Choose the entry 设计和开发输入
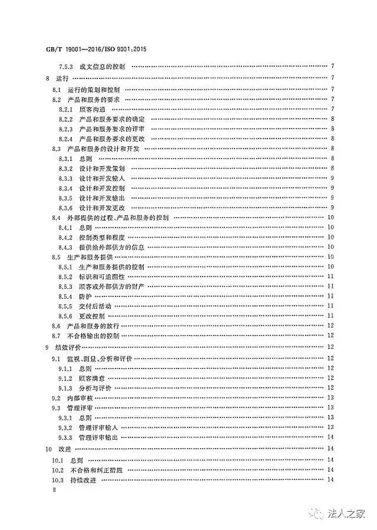click(101, 177)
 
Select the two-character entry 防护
click(85, 296)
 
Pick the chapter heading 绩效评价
click(68, 348)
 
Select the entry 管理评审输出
click(99, 437)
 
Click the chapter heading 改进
click(64, 449)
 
